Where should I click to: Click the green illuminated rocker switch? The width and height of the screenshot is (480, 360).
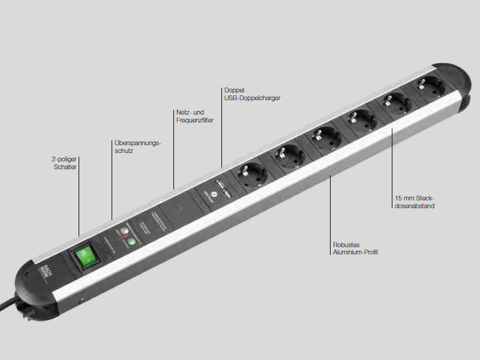84,256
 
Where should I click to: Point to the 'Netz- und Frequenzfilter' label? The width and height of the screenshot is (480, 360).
195,116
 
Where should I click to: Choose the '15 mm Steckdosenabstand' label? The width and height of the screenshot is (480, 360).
415,202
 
